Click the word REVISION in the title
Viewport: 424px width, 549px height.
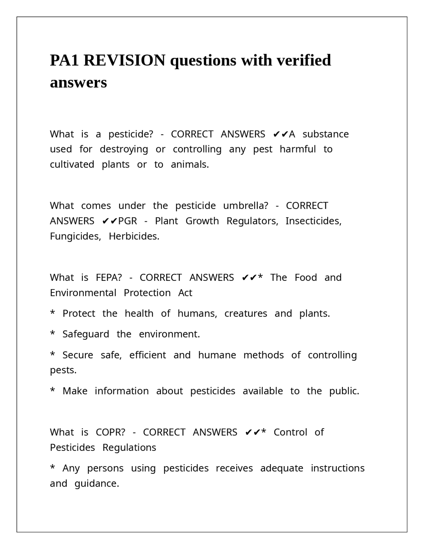[x=124, y=61]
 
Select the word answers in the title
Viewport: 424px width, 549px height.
[x=78, y=83]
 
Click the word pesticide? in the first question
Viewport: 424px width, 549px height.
[x=131, y=134]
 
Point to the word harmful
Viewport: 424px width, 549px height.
[x=297, y=149]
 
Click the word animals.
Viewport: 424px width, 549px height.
[x=190, y=164]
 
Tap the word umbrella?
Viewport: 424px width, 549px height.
[x=245, y=206]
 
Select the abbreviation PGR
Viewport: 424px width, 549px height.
[x=128, y=221]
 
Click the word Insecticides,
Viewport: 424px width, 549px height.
[x=313, y=221]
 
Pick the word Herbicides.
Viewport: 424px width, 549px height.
[x=134, y=236]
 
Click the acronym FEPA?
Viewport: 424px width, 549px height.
[x=109, y=277]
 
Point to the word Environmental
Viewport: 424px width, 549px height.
[x=83, y=293]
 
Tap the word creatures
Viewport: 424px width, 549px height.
[x=245, y=314]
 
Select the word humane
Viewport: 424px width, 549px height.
[x=217, y=355]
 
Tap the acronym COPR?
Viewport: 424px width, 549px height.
[x=110, y=432]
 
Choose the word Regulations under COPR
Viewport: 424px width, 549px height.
[x=129, y=448]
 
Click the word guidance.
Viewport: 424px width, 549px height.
[x=97, y=484]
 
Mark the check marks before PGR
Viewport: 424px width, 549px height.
[x=110, y=221]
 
